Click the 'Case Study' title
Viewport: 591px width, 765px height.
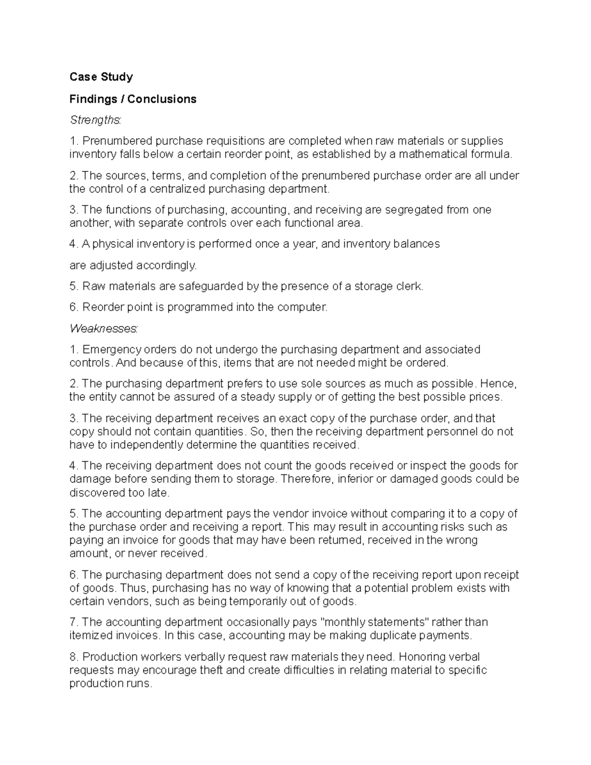click(x=101, y=77)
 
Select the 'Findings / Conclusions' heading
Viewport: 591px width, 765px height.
click(x=132, y=99)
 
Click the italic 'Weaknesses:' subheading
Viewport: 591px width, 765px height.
click(x=104, y=328)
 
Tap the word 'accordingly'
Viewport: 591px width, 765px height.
click(x=165, y=266)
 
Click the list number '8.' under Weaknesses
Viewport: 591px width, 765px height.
click(x=74, y=657)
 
